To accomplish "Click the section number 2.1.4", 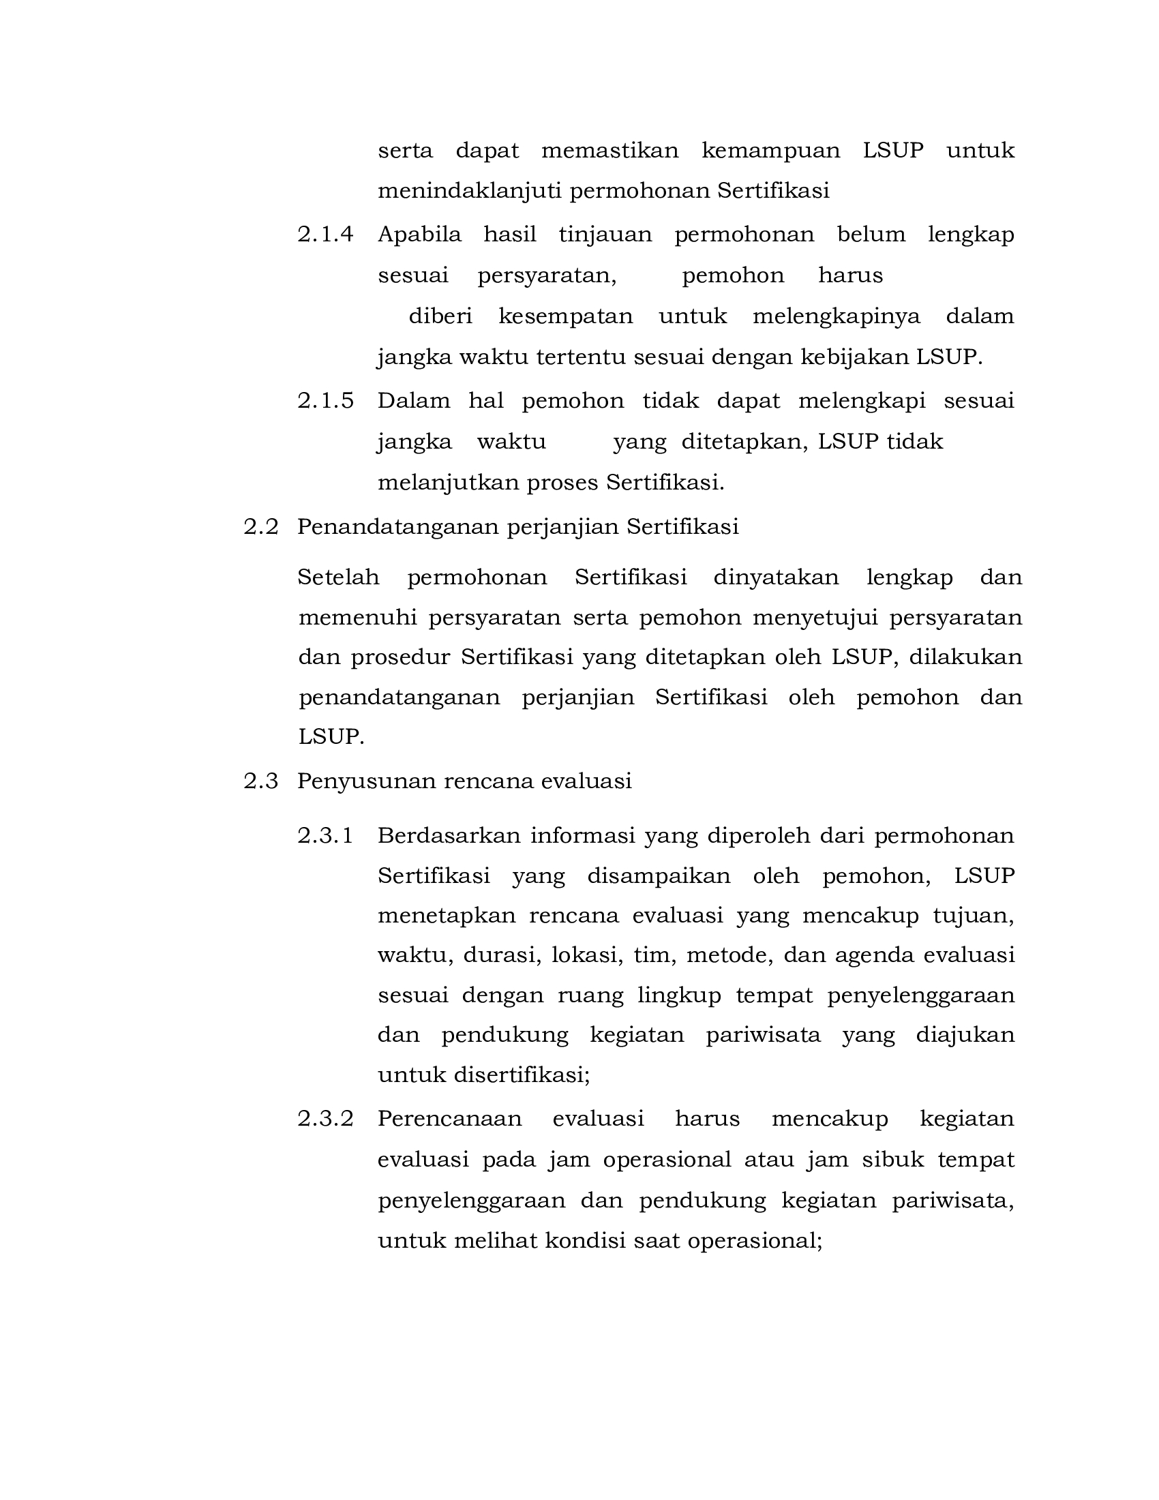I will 325,235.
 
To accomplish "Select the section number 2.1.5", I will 325,400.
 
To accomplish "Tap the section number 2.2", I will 261,527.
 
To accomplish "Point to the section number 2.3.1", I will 325,836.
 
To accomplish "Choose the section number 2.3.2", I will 325,1119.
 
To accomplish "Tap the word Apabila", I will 419,235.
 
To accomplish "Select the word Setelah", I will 339,577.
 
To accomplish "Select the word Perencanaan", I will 450,1119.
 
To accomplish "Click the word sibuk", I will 892,1159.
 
